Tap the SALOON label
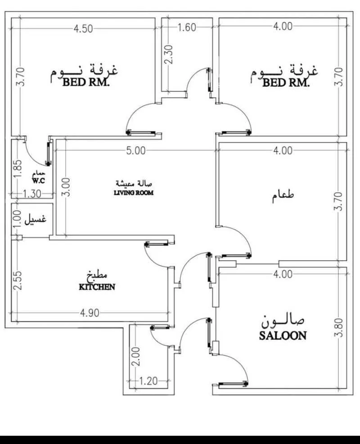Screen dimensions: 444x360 point(283,335)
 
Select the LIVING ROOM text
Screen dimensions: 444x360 point(135,193)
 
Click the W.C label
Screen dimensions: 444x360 point(37,181)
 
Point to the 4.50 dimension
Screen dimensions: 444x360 point(83,28)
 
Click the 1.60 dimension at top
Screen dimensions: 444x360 point(187,27)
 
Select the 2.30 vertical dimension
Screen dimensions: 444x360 point(168,55)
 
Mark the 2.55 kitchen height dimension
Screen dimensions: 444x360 point(17,281)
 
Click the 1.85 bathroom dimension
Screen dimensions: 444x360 point(17,169)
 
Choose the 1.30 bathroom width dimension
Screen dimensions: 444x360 point(31,194)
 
